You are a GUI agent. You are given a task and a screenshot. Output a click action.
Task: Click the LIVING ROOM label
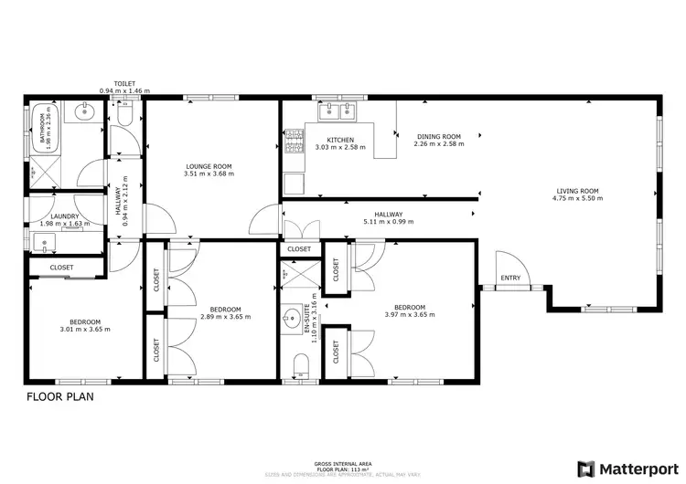coord(578,191)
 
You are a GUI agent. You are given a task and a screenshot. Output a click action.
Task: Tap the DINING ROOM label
coord(437,136)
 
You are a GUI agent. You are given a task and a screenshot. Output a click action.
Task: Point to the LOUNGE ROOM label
coord(208,166)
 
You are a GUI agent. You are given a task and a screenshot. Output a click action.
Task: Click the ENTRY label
coord(510,279)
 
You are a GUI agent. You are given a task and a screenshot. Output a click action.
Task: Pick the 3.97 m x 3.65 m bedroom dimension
coord(409,314)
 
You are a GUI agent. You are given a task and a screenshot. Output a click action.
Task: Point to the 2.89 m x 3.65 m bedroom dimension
coord(225,317)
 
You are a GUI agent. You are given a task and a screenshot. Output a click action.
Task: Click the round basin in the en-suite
coord(291,321)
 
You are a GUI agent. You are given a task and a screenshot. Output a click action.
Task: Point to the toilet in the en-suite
coord(299,367)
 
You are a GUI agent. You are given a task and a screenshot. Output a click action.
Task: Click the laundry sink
coord(45,242)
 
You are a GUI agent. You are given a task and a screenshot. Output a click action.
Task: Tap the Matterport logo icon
coord(585,468)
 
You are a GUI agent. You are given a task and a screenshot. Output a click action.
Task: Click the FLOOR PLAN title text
coord(59,397)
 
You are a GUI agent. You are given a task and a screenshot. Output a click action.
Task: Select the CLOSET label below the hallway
coord(299,248)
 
